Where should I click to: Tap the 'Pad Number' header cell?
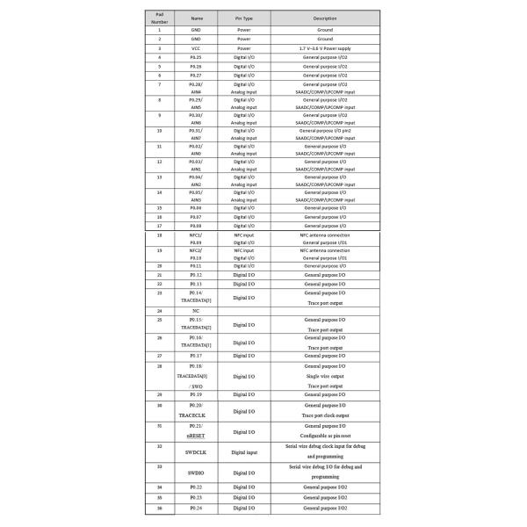158,18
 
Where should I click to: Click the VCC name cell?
195,47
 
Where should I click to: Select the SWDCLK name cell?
195,452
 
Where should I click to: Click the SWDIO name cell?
195,473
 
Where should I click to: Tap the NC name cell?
195,310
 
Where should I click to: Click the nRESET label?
195,435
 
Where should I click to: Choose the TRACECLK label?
195,414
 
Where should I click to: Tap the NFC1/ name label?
195,236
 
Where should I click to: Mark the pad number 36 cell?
158,509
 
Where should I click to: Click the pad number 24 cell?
158,310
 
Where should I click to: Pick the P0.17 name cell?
195,355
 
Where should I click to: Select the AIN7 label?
195,138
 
